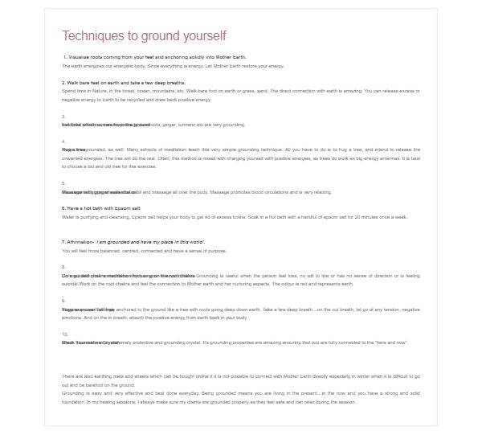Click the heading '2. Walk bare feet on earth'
pos(124,83)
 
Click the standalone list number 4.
pos(63,142)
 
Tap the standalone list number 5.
pos(63,183)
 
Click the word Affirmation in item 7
pos(80,241)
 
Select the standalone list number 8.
pos(63,267)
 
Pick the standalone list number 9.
pos(63,301)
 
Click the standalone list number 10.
pos(64,334)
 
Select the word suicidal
pos(72,284)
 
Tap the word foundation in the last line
pos(74,400)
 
